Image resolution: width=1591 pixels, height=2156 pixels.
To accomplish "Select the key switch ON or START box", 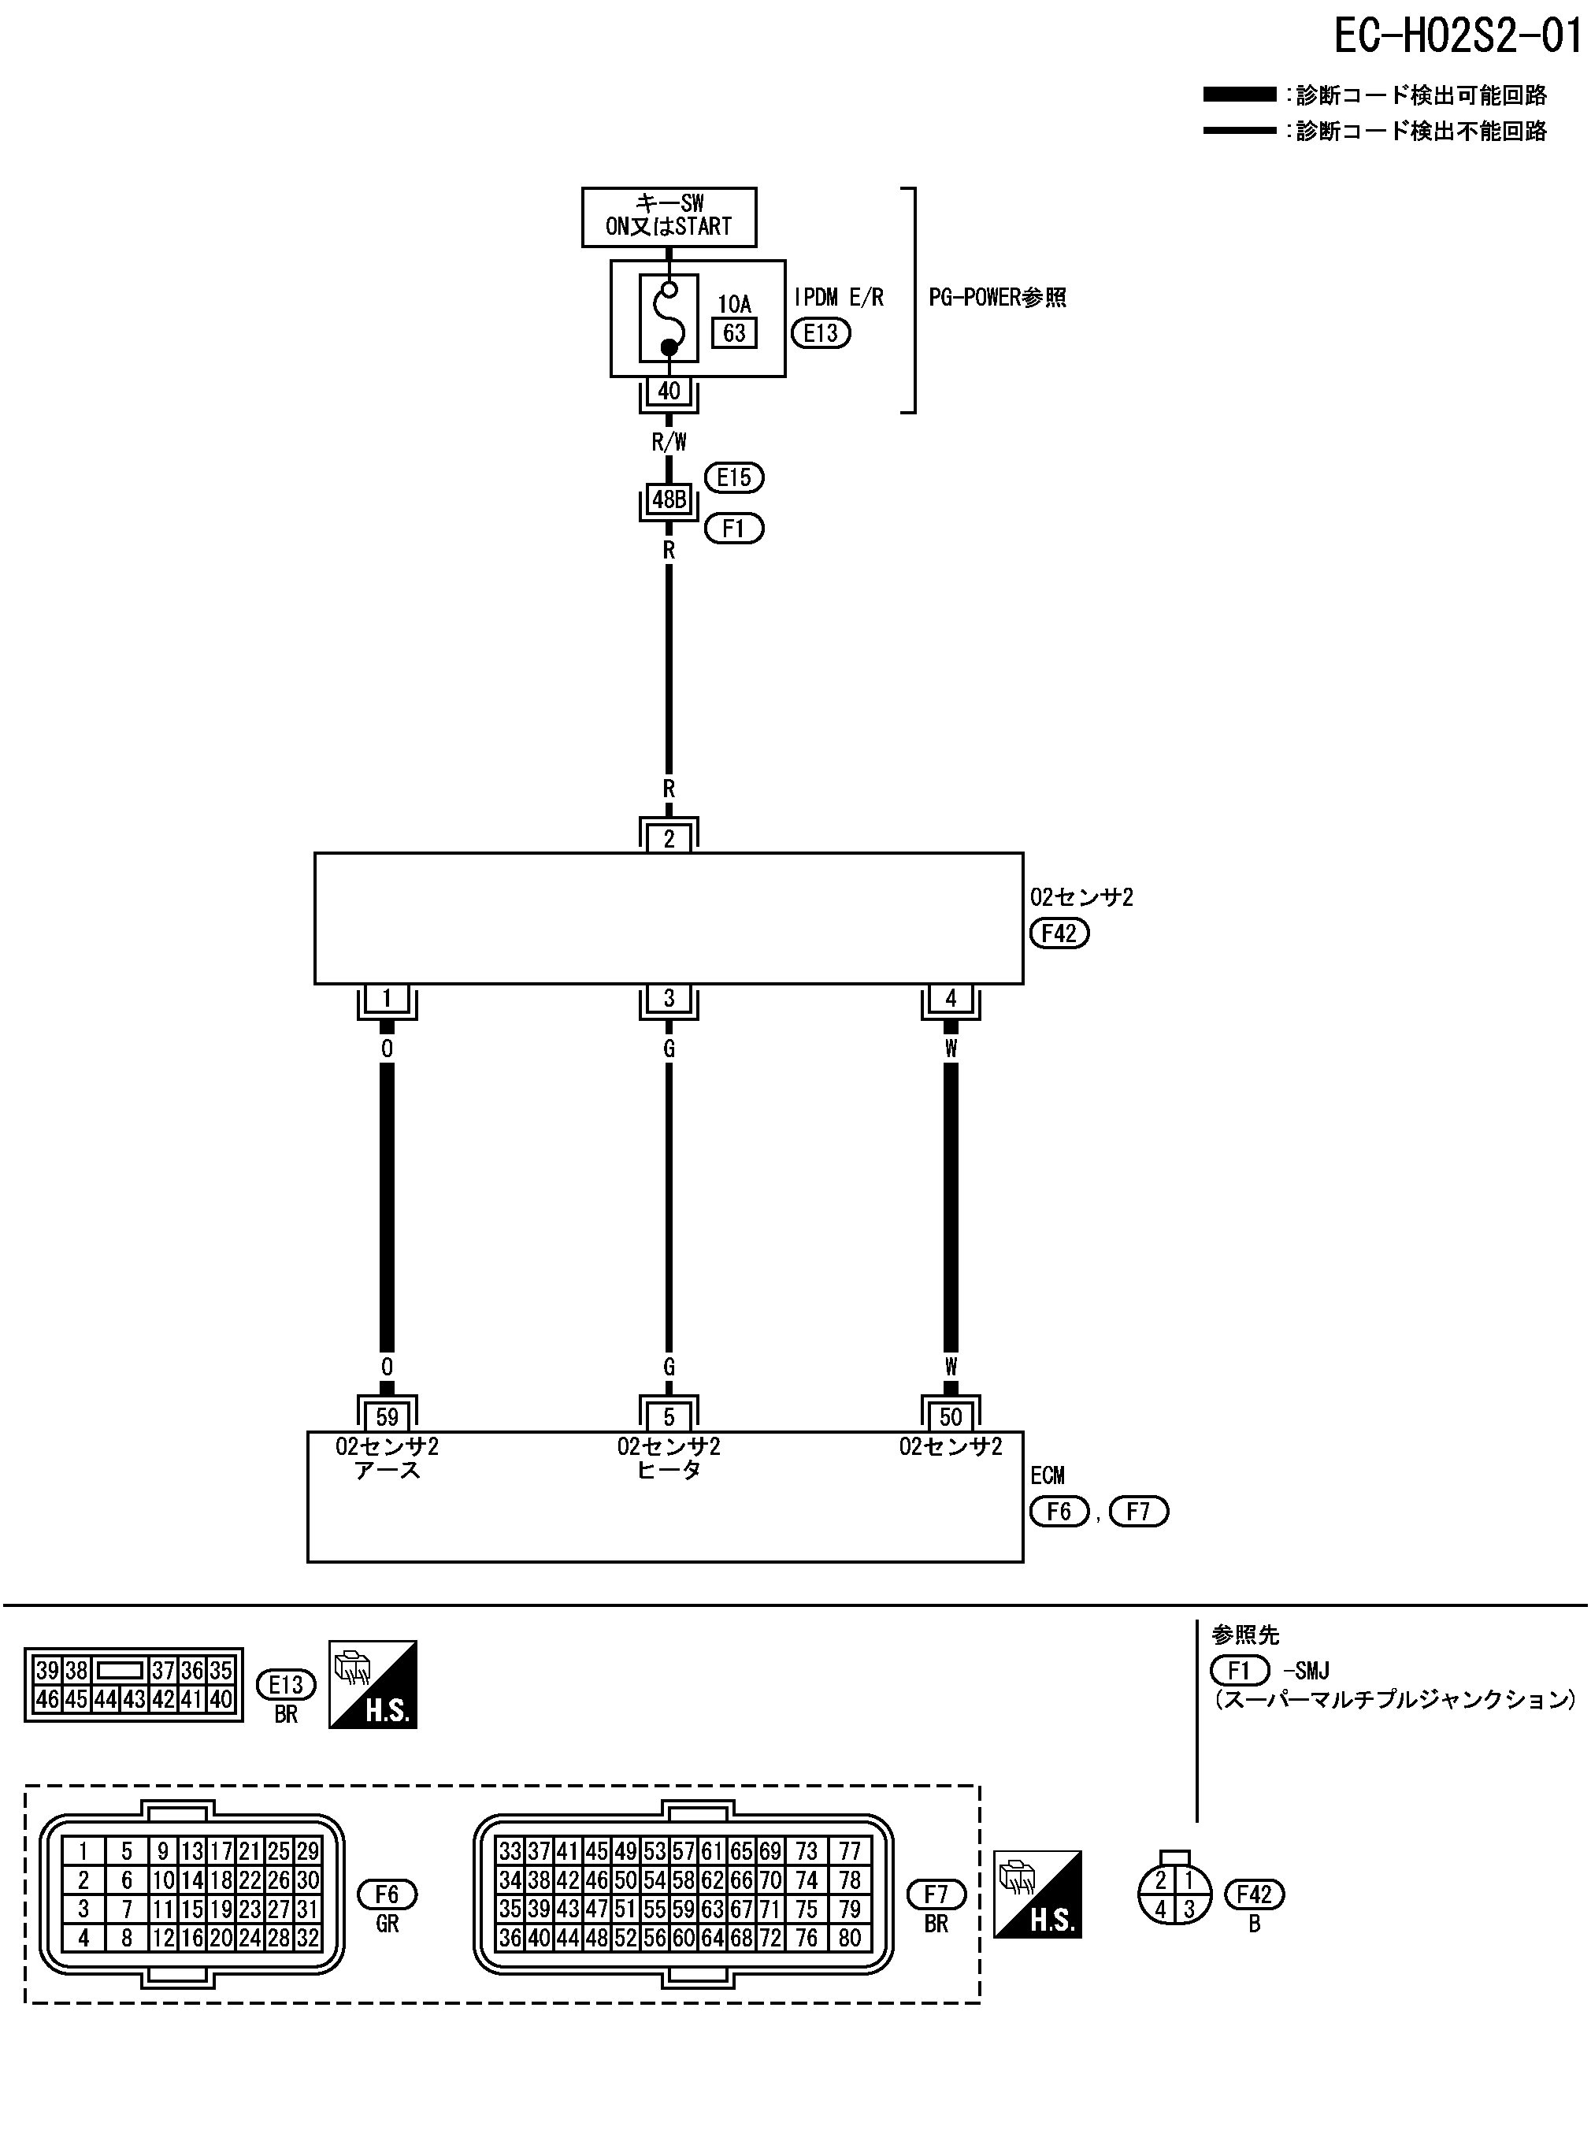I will tap(669, 216).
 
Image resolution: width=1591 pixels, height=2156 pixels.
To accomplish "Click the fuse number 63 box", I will tap(734, 333).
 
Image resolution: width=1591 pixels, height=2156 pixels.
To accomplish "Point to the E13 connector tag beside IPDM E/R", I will tap(821, 333).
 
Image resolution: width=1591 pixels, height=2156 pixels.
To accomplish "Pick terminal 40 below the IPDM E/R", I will tap(669, 391).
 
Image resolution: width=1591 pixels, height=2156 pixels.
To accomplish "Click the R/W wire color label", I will tap(669, 442).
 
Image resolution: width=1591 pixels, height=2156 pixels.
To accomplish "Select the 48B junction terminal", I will tap(669, 499).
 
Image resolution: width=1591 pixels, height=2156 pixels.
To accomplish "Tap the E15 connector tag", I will tap(734, 477).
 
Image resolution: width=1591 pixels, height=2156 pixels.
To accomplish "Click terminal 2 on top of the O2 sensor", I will tap(669, 839).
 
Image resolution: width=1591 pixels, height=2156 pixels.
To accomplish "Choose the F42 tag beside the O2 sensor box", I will tap(1059, 933).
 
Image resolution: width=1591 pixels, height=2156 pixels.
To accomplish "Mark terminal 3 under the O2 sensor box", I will tap(669, 999).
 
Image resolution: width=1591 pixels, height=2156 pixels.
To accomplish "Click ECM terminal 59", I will tap(386, 1416).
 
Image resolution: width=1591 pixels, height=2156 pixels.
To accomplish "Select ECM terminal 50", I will tap(951, 1416).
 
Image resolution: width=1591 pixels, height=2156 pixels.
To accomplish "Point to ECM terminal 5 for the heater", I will tap(669, 1416).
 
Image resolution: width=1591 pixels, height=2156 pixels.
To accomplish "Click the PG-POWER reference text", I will tap(997, 298).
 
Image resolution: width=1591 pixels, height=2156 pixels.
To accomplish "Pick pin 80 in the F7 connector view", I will tap(849, 1939).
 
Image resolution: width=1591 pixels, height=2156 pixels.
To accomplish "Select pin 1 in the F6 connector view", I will tap(83, 1850).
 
